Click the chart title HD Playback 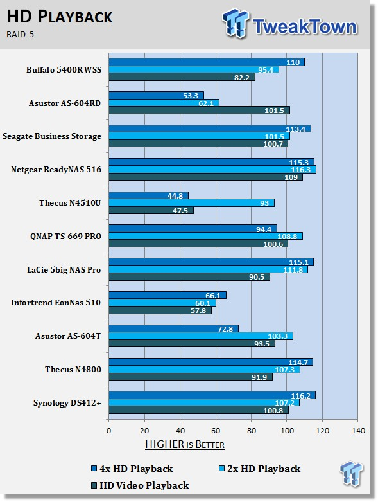point(60,17)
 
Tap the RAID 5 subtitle point(20,35)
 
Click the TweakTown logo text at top point(305,26)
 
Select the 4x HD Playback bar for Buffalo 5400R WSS point(207,62)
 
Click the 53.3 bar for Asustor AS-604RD point(156,95)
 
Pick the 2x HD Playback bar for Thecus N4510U point(192,203)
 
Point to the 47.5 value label point(180,211)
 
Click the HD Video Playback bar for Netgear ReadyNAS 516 point(206,177)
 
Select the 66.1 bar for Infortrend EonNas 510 point(168,295)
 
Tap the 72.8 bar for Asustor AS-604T point(173,328)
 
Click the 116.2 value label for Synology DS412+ point(300,396)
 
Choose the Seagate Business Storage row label point(52,136)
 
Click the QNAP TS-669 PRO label point(65,237)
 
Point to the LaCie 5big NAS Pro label point(64,270)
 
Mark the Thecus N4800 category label point(73,370)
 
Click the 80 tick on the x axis point(252,431)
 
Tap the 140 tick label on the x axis point(358,431)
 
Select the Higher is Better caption point(185,445)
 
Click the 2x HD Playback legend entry point(260,469)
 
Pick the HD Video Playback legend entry point(140,485)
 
